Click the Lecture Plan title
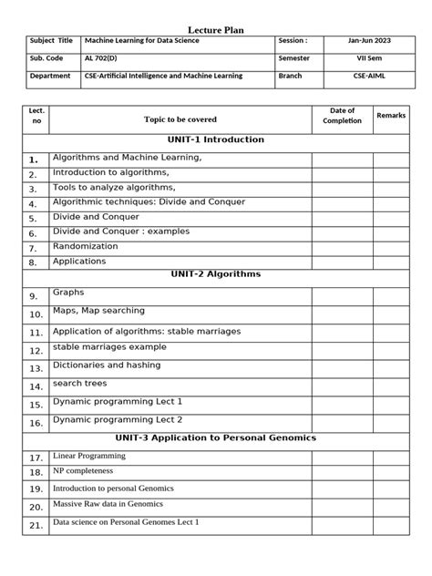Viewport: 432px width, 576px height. [215, 30]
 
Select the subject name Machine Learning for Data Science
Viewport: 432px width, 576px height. [142, 41]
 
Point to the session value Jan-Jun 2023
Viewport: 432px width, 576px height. [368, 41]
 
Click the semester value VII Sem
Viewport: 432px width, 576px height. [368, 58]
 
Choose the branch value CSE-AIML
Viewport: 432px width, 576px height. [368, 77]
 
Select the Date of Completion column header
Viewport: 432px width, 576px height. [342, 116]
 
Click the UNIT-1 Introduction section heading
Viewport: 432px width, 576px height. [216, 140]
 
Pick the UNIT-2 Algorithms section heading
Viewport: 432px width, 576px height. [216, 273]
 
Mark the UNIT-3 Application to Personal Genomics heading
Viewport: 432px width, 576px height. [216, 437]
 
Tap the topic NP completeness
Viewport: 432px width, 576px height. [84, 471]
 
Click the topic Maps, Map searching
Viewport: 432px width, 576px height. [98, 312]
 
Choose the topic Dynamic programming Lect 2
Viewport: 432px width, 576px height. [118, 419]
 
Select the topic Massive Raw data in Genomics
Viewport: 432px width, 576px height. [111, 504]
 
